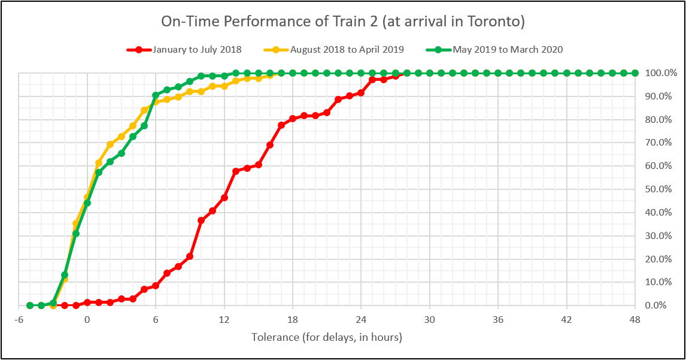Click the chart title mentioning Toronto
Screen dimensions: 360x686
click(343, 22)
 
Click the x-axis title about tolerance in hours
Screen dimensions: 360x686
click(327, 337)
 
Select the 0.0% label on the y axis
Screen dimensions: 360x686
click(657, 305)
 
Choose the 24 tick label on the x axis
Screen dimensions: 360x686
click(361, 319)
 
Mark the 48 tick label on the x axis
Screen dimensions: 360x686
click(635, 319)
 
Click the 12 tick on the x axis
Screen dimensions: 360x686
click(224, 319)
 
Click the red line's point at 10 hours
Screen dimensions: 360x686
click(201, 220)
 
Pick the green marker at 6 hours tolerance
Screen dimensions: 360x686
click(156, 95)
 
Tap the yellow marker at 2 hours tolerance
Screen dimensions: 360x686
click(110, 144)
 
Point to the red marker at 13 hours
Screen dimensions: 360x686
click(235, 171)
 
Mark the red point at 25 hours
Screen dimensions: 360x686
click(372, 80)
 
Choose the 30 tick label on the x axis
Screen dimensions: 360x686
click(430, 319)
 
